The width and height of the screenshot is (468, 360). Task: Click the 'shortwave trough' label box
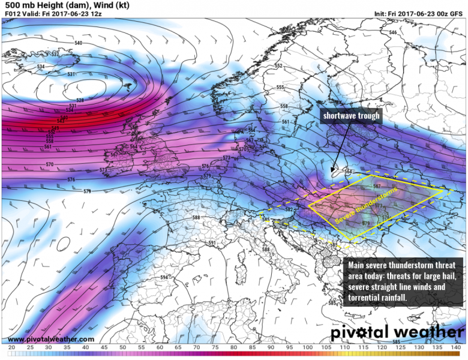tap(351, 116)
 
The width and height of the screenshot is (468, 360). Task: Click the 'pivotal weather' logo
tap(397, 332)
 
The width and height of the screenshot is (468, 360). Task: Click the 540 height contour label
tap(78, 43)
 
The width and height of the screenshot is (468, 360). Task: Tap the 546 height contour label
tap(393, 32)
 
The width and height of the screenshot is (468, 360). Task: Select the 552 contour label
tap(278, 66)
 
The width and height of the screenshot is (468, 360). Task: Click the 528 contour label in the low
tap(80, 100)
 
